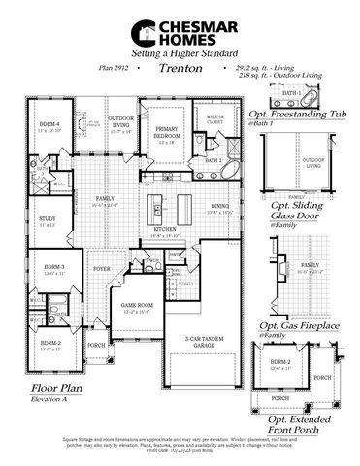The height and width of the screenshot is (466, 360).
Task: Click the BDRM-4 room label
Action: [49, 124]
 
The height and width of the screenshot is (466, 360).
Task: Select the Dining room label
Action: [218, 207]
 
